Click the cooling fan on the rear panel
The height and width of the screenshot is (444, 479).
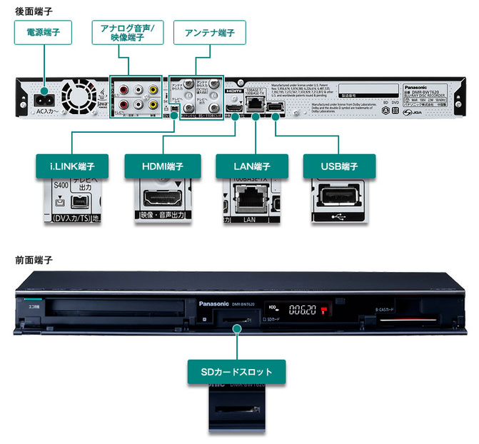click(x=80, y=97)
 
